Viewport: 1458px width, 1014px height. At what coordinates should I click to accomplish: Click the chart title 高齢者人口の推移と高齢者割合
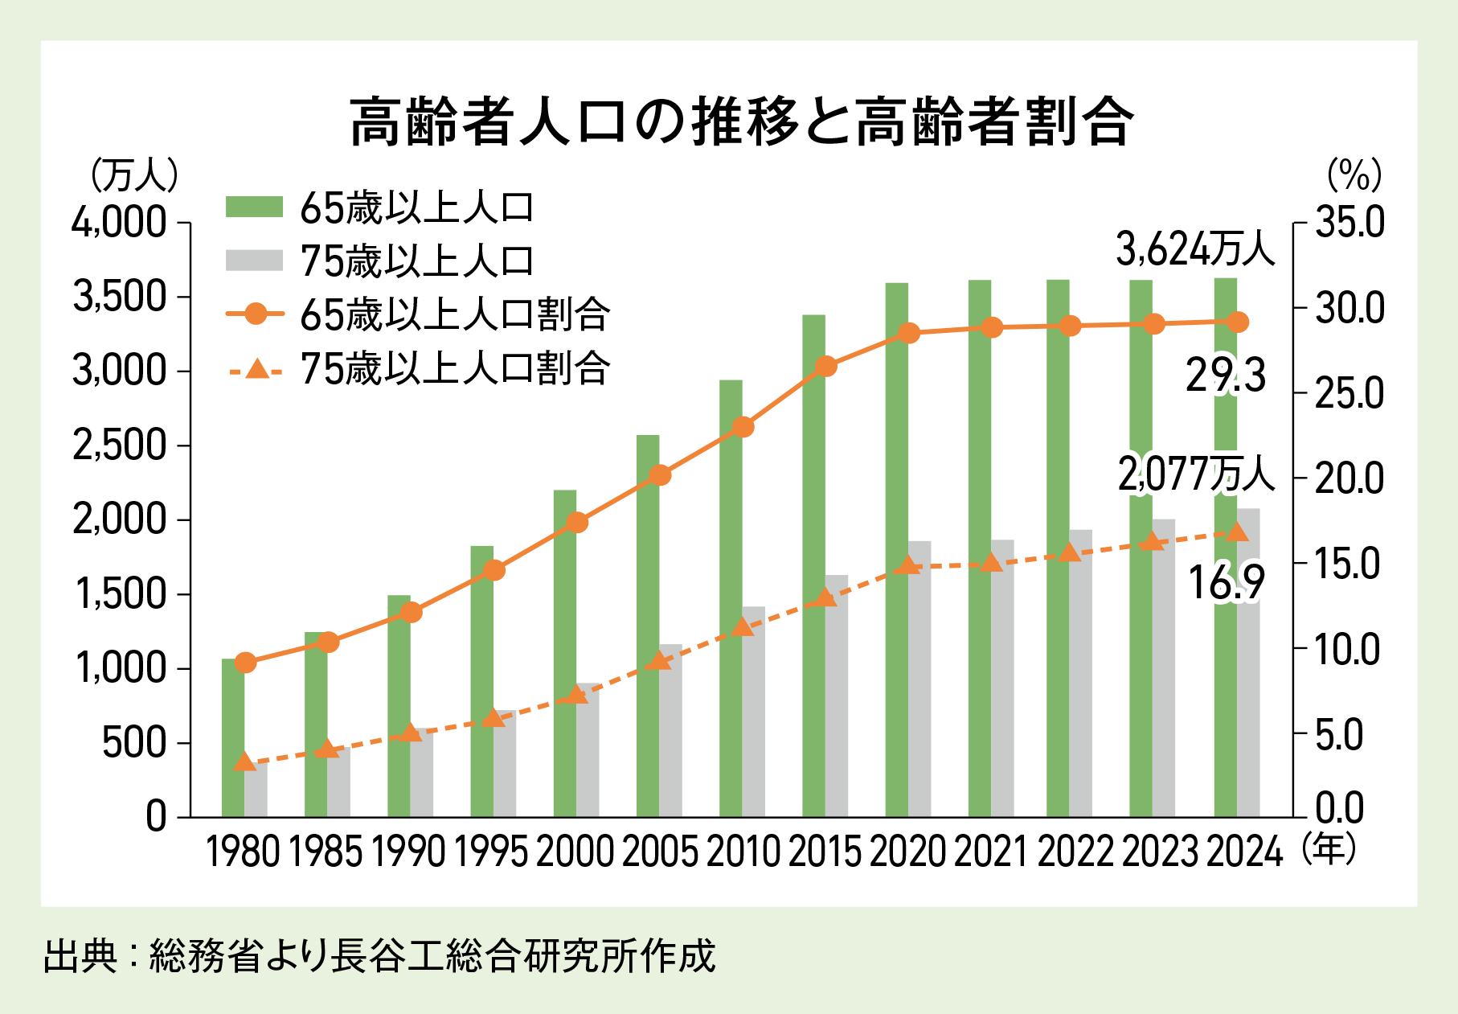(741, 122)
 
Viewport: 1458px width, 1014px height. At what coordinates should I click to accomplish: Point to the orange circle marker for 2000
(577, 523)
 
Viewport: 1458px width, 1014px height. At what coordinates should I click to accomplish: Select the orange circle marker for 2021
(993, 327)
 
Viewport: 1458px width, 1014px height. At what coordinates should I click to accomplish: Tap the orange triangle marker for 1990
(411, 733)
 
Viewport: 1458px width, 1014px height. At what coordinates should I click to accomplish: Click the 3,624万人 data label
(1195, 250)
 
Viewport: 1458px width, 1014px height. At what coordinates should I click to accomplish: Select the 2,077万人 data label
(1195, 474)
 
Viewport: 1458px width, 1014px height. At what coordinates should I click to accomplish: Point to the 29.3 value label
(1226, 376)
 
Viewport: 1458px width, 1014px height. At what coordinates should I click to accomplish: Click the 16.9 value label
(1227, 583)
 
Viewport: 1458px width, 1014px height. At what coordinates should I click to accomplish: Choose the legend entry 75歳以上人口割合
(455, 369)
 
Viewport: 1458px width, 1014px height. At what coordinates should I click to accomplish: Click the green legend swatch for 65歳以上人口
(254, 207)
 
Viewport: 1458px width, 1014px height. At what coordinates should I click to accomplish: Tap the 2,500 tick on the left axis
(120, 445)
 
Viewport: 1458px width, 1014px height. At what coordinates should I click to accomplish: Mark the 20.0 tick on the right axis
(1349, 479)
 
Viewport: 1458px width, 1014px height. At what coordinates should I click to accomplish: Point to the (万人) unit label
(134, 175)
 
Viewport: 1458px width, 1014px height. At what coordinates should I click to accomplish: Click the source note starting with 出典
(379, 956)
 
